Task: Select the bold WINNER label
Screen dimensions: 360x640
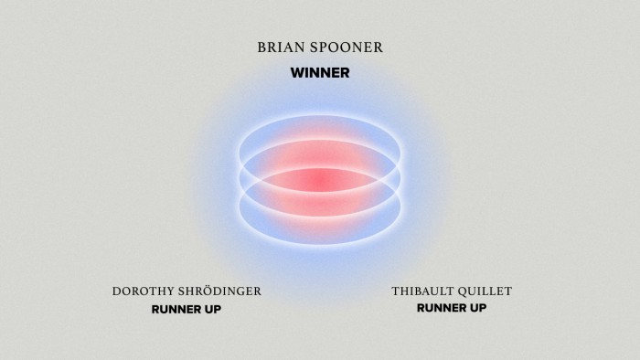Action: point(320,72)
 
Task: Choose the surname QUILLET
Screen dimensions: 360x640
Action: point(485,291)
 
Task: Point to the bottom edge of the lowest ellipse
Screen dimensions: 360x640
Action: point(320,244)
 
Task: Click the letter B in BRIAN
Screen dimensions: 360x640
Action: point(263,48)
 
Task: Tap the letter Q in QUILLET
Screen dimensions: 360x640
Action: point(464,291)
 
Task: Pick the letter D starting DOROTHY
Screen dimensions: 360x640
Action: point(117,291)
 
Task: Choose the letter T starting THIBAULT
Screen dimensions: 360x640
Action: point(395,291)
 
